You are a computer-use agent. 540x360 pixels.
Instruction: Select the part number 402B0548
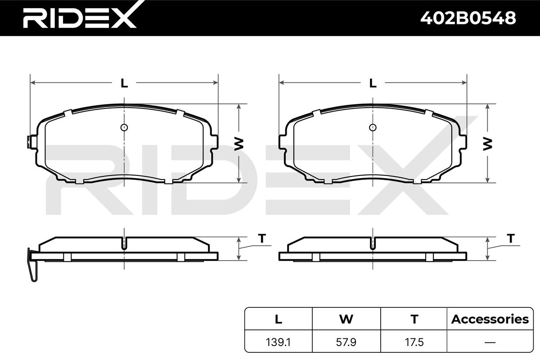(x=468, y=18)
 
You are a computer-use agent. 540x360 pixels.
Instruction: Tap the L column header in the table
(x=279, y=319)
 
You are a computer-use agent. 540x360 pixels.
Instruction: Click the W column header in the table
(x=346, y=319)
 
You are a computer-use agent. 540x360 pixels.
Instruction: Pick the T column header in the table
(x=414, y=319)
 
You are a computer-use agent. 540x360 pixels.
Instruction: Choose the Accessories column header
(x=490, y=319)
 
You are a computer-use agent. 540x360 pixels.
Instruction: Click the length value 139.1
(x=278, y=342)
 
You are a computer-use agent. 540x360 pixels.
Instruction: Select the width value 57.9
(x=346, y=342)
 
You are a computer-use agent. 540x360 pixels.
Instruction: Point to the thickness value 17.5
(x=414, y=342)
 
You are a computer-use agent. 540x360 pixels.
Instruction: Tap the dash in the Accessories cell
(x=490, y=342)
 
